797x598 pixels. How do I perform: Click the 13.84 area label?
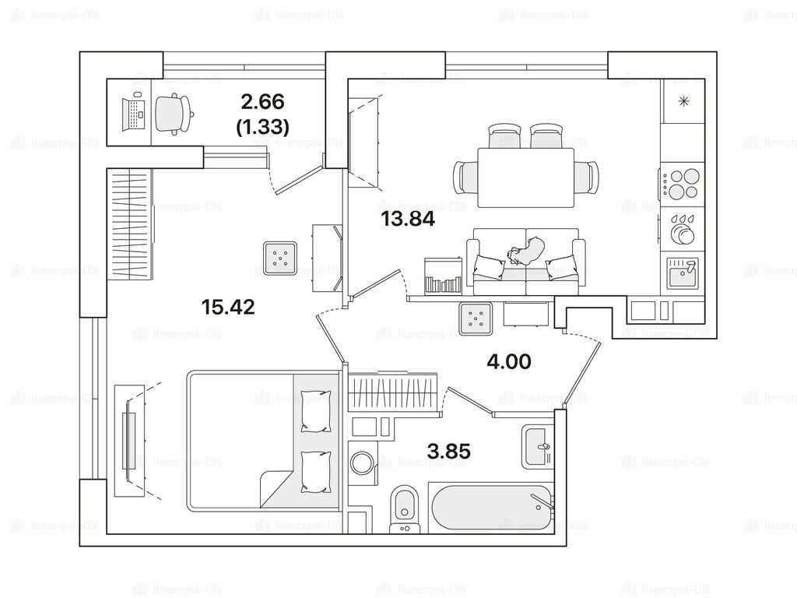pyautogui.click(x=408, y=219)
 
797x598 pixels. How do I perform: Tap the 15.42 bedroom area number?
pyautogui.click(x=228, y=307)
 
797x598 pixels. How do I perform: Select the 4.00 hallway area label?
pyautogui.click(x=509, y=361)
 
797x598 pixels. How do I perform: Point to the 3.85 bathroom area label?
pyautogui.click(x=449, y=451)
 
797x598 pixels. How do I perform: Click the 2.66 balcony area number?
pyautogui.click(x=262, y=102)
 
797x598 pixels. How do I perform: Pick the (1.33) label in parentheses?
pyautogui.click(x=263, y=127)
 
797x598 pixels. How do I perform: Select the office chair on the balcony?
pyautogui.click(x=174, y=114)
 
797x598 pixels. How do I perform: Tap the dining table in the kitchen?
pyautogui.click(x=526, y=178)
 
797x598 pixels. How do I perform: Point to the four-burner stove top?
pyautogui.click(x=682, y=184)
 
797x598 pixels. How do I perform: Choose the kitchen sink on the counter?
pyautogui.click(x=683, y=273)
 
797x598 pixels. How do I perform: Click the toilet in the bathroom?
pyautogui.click(x=405, y=509)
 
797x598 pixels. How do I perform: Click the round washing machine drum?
pyautogui.click(x=363, y=461)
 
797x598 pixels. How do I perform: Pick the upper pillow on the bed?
pyautogui.click(x=315, y=411)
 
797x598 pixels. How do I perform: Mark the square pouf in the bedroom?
pyautogui.click(x=279, y=258)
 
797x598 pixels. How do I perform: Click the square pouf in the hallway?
pyautogui.click(x=476, y=318)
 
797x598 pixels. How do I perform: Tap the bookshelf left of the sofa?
pyautogui.click(x=443, y=276)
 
